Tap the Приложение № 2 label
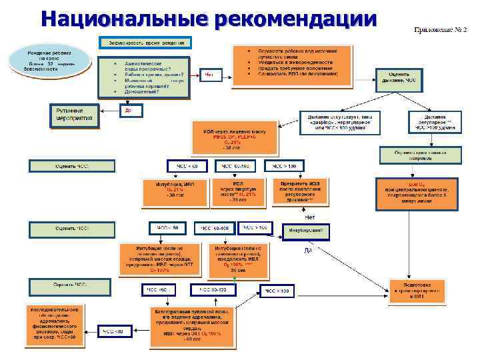click(441, 31)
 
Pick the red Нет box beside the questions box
click(209, 74)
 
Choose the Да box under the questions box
click(128, 111)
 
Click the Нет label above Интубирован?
click(309, 217)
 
